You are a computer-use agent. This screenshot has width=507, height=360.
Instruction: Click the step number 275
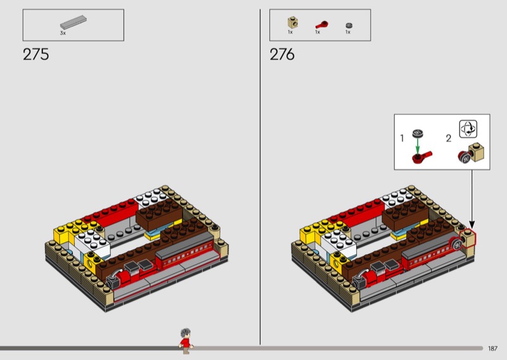pyautogui.click(x=36, y=55)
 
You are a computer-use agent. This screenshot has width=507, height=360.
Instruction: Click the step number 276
pyautogui.click(x=282, y=55)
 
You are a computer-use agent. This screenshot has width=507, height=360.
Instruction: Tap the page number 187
pyautogui.click(x=492, y=349)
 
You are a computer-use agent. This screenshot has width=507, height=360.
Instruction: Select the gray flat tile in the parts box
pyautogui.click(x=74, y=23)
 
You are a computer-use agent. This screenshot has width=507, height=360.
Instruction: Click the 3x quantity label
pyautogui.click(x=63, y=33)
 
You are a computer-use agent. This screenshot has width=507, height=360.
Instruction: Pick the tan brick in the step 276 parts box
pyautogui.click(x=293, y=23)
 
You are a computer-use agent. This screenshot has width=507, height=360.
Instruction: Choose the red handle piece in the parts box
pyautogui.click(x=322, y=25)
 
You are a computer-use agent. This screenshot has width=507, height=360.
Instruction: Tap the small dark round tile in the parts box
pyautogui.click(x=349, y=25)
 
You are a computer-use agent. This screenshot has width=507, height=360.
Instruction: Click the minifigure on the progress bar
pyautogui.click(x=186, y=341)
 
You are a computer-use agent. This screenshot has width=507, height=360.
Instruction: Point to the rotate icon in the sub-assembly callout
pyautogui.click(x=468, y=129)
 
